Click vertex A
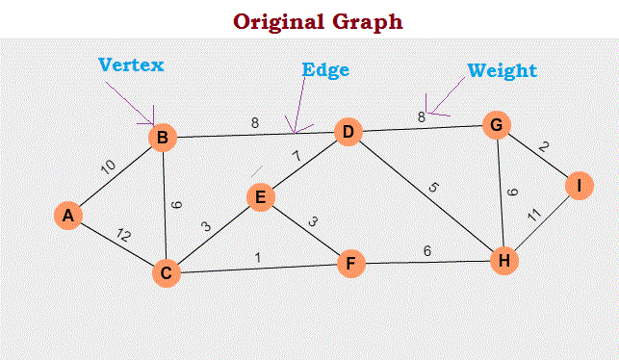click(67, 216)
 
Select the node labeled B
click(163, 139)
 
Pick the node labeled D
click(347, 131)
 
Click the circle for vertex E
click(259, 197)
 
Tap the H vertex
click(503, 260)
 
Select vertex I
click(578, 186)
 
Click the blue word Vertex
click(131, 65)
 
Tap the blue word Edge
click(325, 70)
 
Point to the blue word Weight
click(502, 70)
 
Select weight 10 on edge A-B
click(109, 168)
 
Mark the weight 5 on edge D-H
click(432, 188)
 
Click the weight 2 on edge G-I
click(543, 146)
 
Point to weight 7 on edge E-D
click(297, 156)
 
